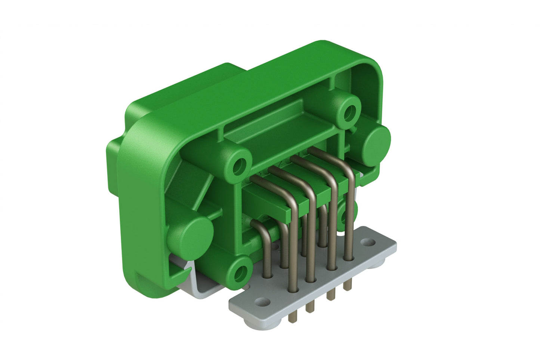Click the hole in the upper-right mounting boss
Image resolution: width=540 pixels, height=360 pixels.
click(x=350, y=111)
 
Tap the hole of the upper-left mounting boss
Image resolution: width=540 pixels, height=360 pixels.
click(x=240, y=165)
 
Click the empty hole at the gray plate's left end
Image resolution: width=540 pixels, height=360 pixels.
click(x=263, y=301)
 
